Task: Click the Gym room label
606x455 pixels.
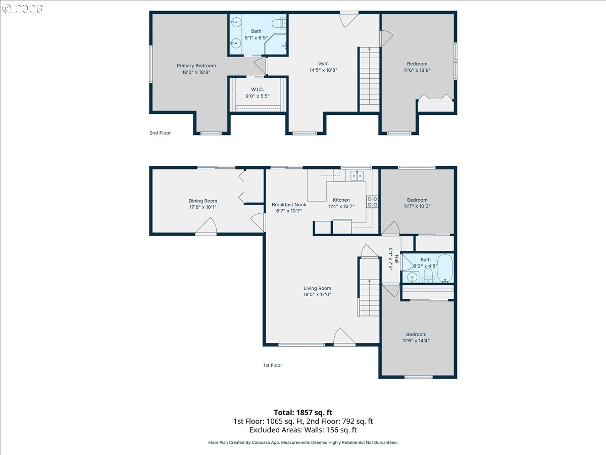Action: [323, 64]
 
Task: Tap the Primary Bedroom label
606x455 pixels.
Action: [196, 66]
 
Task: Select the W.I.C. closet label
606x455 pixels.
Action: [258, 89]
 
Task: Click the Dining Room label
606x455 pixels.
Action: [203, 201]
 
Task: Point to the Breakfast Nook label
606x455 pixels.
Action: [289, 205]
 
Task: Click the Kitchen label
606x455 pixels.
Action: [341, 200]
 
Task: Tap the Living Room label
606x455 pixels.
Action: [317, 288]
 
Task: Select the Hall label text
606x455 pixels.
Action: [397, 259]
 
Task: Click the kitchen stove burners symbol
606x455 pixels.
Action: [372, 202]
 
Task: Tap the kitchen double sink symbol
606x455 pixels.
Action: [357, 176]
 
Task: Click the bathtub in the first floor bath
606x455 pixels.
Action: [445, 268]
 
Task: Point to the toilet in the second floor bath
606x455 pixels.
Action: [279, 23]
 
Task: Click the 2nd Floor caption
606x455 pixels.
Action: [160, 133]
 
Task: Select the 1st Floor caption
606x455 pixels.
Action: [273, 366]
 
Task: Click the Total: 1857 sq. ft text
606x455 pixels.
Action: [303, 413]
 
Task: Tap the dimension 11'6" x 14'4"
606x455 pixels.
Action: [416, 341]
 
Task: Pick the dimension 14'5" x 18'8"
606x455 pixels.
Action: [323, 70]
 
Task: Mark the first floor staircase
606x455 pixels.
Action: [369, 287]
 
